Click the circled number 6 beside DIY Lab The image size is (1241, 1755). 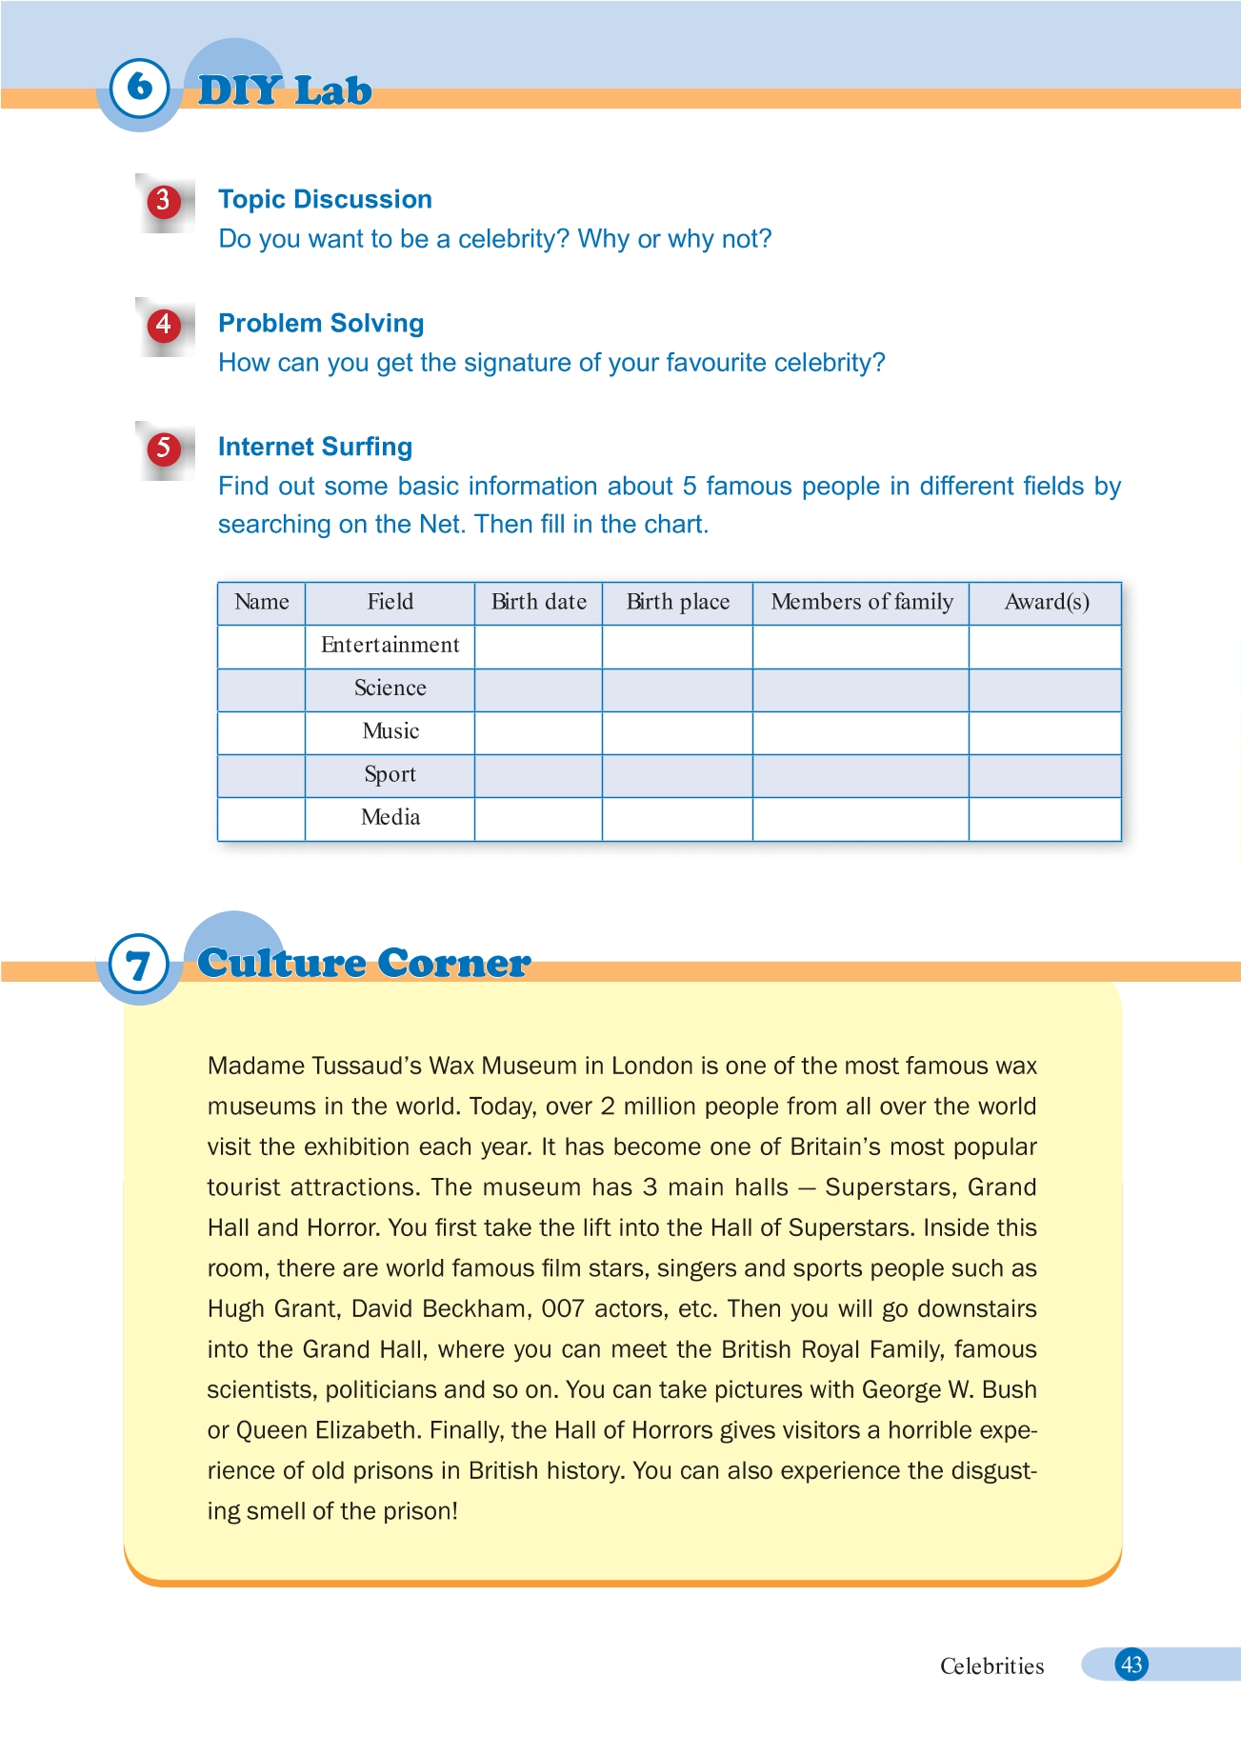(x=140, y=88)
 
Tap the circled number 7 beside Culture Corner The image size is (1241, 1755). (x=139, y=966)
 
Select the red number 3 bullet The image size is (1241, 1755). (x=164, y=201)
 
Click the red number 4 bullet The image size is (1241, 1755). (x=164, y=325)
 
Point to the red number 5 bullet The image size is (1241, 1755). (x=164, y=449)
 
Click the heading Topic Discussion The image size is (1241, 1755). (x=325, y=199)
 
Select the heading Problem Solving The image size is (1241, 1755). (x=321, y=323)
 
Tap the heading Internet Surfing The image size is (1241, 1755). (x=315, y=447)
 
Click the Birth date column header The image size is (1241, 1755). (x=538, y=602)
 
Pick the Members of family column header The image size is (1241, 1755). (x=861, y=602)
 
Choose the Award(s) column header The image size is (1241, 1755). (x=1046, y=602)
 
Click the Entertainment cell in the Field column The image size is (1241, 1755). (x=390, y=646)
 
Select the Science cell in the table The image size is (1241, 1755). (x=390, y=688)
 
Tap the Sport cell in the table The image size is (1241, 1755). (x=390, y=774)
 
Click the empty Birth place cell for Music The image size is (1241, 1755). (x=677, y=732)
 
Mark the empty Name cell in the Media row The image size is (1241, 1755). (x=261, y=819)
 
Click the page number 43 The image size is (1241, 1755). (x=1131, y=1665)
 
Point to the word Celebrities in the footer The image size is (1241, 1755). (x=991, y=1666)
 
